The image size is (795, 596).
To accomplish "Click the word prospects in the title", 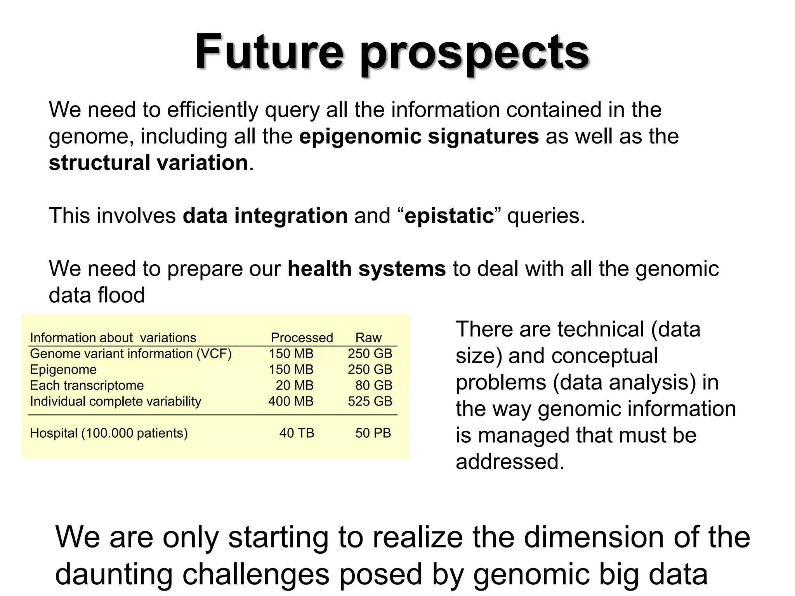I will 474,54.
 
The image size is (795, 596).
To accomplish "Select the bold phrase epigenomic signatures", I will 419,137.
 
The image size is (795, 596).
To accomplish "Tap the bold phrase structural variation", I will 148,163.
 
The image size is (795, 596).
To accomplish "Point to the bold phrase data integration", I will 265,216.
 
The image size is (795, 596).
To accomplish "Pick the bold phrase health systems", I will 366,269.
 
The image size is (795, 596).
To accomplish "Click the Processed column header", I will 302,338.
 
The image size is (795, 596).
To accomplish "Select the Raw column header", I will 368,338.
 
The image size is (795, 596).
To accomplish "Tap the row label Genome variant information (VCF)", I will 130,353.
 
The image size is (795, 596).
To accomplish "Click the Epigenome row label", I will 63,369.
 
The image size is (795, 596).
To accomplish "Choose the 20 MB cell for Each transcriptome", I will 294,385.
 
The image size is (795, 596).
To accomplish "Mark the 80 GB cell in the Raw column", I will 373,385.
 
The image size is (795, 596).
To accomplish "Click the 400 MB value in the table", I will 291,401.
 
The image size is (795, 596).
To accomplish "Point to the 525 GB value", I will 370,401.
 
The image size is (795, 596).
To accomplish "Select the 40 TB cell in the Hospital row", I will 297,433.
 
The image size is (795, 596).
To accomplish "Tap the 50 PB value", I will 373,433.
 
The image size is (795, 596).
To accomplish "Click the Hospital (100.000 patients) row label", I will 109,433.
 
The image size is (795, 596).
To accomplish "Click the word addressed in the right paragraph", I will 510,462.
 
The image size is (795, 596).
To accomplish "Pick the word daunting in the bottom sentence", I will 114,574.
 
